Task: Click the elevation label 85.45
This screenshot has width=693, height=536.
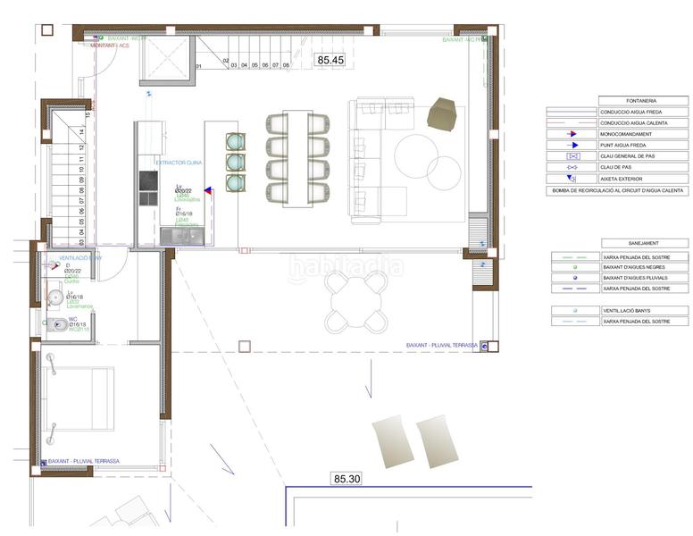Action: (330, 60)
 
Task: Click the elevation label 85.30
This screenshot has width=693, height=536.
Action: (346, 479)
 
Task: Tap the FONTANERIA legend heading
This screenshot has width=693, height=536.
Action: (617, 101)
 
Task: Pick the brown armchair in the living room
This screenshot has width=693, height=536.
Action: (442, 113)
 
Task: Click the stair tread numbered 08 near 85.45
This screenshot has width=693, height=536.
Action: (287, 65)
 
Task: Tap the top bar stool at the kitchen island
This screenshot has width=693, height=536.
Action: (236, 141)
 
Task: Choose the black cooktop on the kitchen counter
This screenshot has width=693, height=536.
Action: (148, 181)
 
